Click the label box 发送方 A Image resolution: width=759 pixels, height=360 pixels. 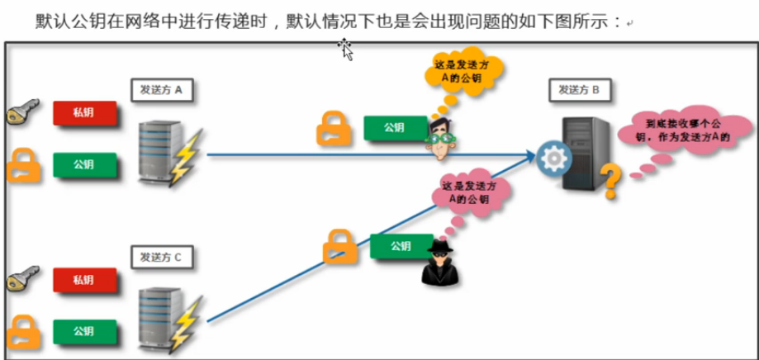click(x=162, y=89)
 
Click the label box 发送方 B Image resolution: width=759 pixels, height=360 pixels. click(x=584, y=89)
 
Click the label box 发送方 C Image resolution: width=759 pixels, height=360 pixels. click(x=162, y=257)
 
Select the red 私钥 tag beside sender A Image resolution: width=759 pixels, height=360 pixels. click(x=82, y=114)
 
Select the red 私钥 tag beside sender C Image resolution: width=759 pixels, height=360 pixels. click(x=82, y=282)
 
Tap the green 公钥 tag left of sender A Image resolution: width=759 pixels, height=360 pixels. click(x=82, y=164)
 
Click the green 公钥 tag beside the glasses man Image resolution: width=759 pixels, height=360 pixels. click(x=394, y=128)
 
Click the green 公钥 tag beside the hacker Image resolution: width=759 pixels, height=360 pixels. click(x=401, y=246)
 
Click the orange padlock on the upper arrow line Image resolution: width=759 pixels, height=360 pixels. click(x=334, y=128)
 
